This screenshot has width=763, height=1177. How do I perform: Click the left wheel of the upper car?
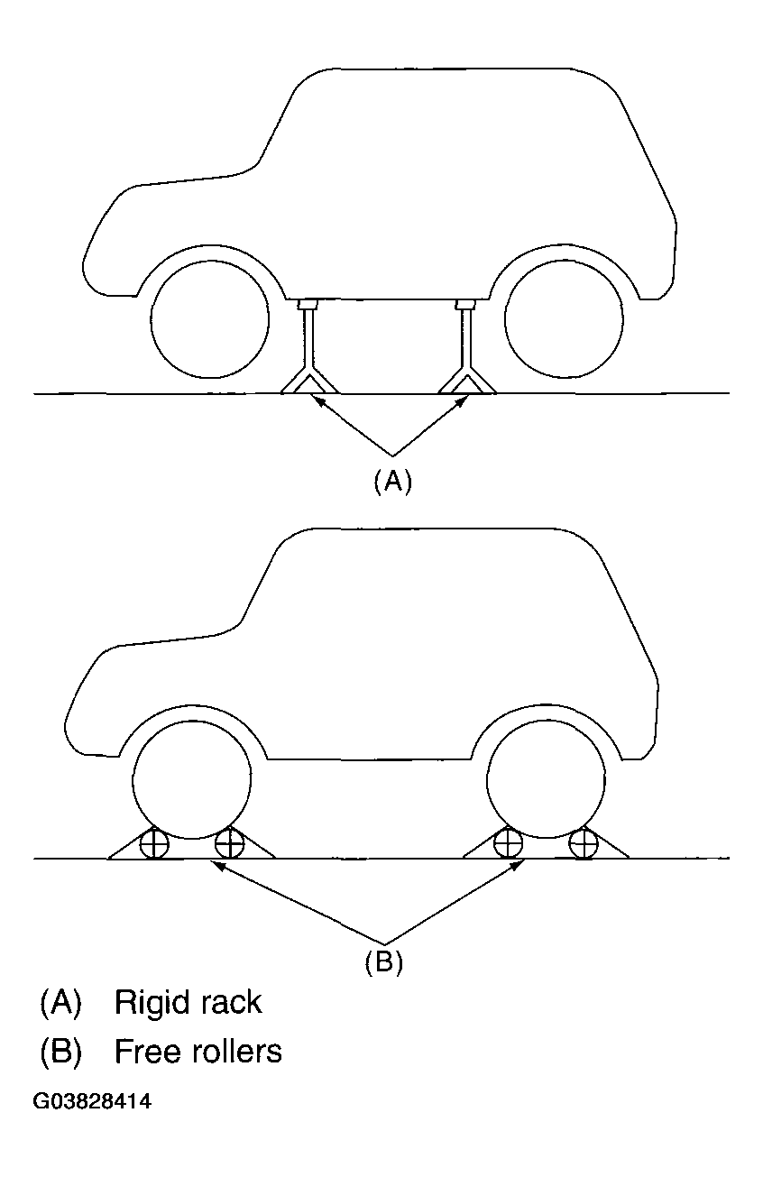pos(210,322)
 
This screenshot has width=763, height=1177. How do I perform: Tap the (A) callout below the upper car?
pos(392,482)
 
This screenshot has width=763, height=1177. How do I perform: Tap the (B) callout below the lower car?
pos(383,962)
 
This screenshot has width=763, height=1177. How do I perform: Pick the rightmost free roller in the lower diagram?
pos(584,844)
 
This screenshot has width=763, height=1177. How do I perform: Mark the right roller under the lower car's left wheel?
pos(230,844)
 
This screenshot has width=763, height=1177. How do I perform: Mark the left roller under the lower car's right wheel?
pos(509,844)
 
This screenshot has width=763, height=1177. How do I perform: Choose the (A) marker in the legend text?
pos(60,1002)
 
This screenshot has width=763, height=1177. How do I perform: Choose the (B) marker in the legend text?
pos(60,1051)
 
